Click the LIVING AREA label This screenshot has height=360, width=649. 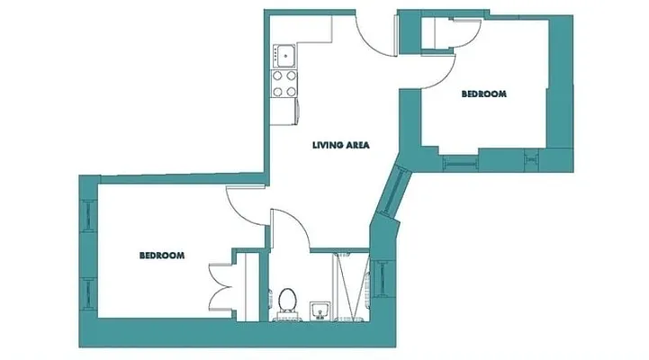coord(341,145)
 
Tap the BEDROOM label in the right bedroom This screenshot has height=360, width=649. coord(484,94)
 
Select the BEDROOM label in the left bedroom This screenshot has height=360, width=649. coord(162,256)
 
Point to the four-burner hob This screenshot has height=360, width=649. coord(285,84)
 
